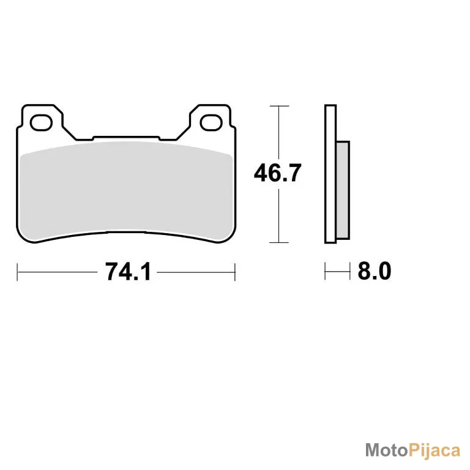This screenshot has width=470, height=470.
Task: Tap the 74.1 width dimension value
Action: click(x=128, y=272)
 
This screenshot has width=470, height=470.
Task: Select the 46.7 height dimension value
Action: click(x=277, y=173)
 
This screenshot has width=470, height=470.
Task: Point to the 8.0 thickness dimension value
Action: click(x=375, y=270)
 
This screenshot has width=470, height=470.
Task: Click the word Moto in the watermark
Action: click(x=387, y=450)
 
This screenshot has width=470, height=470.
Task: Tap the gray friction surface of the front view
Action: click(x=126, y=192)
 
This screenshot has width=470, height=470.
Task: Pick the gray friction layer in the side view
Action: click(x=343, y=190)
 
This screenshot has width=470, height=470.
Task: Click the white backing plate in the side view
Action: click(x=330, y=174)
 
